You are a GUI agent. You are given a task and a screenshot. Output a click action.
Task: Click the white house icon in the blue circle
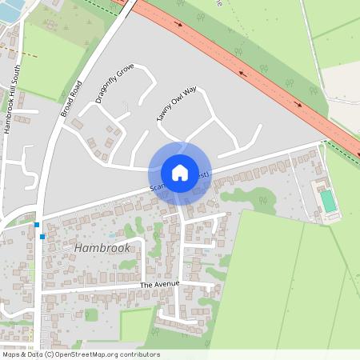[x=179, y=173]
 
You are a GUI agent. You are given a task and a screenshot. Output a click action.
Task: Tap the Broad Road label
[x=72, y=98]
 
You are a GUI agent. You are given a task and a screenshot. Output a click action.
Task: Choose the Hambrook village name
[x=102, y=248]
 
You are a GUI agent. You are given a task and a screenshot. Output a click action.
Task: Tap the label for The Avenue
[x=158, y=284]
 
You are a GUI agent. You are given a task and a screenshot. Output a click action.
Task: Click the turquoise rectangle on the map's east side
[x=329, y=200]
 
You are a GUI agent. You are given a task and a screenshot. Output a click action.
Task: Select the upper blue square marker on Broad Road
[x=37, y=225]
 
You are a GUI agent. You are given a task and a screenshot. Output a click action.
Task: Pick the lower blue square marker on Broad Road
[x=42, y=236]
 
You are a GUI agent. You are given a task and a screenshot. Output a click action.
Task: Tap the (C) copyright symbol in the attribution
[x=50, y=354]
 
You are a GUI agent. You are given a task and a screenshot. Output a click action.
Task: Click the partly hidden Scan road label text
[x=158, y=188]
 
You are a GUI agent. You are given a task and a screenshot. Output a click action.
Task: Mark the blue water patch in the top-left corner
[x=10, y=12]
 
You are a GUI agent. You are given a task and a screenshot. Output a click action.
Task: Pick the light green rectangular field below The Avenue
[x=136, y=325]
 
